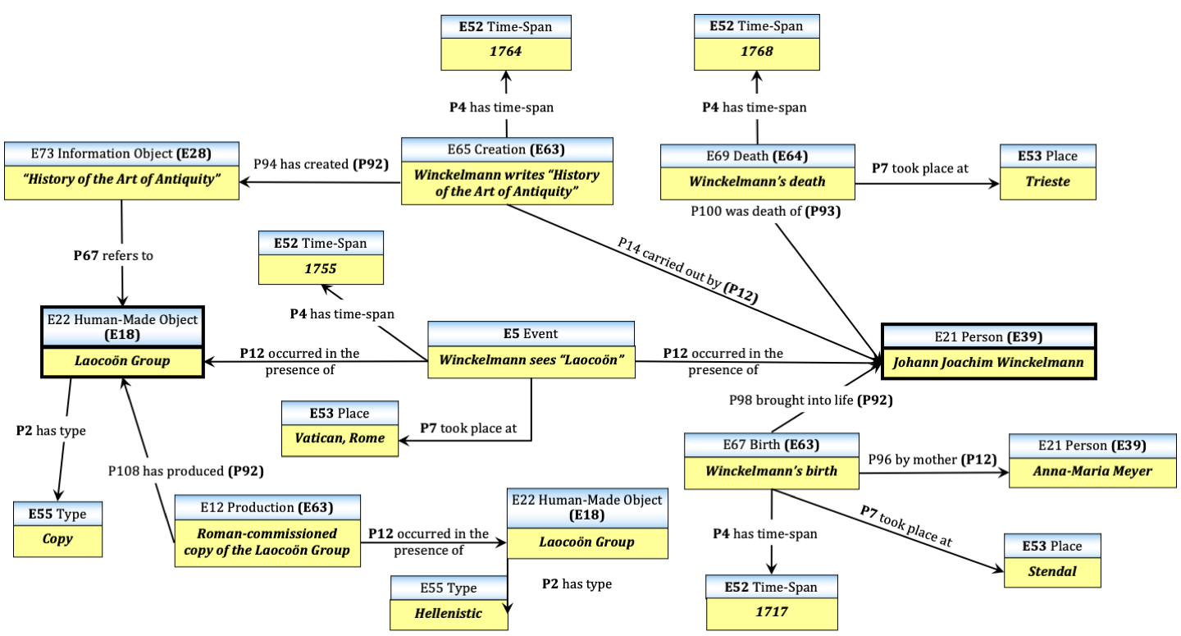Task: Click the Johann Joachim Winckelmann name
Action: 988,362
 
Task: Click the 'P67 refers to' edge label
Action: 113,255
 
